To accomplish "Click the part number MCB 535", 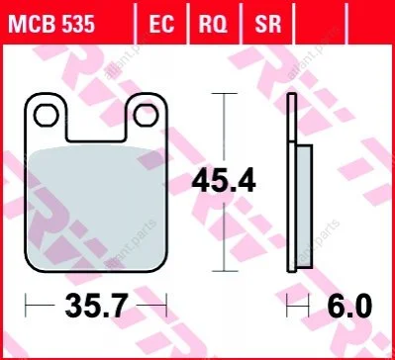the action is point(51,25).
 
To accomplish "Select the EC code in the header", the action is point(161,25).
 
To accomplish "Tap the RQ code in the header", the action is point(213,25).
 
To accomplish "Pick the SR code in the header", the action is point(267,25).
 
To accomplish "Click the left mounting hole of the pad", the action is point(47,115).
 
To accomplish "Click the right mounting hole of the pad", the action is point(146,115).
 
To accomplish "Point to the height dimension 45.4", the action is point(224,181).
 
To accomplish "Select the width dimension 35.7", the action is point(96,306).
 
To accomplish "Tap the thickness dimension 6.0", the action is point(349,306).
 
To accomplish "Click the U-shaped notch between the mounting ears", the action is point(96,140).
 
